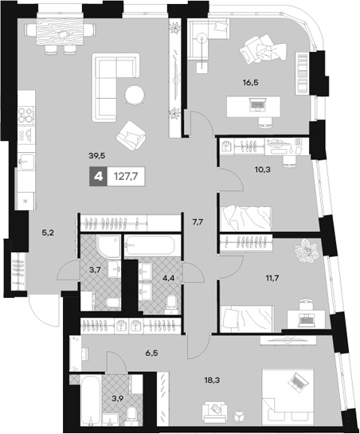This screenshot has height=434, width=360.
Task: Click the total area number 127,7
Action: (x=126, y=176)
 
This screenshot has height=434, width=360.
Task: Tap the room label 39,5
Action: (x=97, y=156)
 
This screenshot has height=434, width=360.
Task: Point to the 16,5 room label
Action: (x=251, y=82)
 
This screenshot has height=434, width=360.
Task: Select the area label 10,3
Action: (x=263, y=170)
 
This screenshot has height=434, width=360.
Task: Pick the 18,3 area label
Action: (x=212, y=381)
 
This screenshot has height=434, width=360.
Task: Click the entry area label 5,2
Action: (x=48, y=233)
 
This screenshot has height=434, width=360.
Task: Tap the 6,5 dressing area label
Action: (x=152, y=353)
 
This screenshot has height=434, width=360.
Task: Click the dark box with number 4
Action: (x=97, y=176)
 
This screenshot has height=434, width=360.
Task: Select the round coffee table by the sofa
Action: (x=135, y=95)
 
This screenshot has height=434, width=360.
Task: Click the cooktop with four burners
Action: (x=26, y=115)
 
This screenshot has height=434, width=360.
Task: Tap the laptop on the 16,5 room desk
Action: (x=257, y=104)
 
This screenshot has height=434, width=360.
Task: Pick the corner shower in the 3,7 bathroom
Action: (x=108, y=246)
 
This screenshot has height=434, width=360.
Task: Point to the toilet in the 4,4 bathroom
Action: (x=172, y=304)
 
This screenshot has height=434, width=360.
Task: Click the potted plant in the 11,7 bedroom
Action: (x=307, y=251)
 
